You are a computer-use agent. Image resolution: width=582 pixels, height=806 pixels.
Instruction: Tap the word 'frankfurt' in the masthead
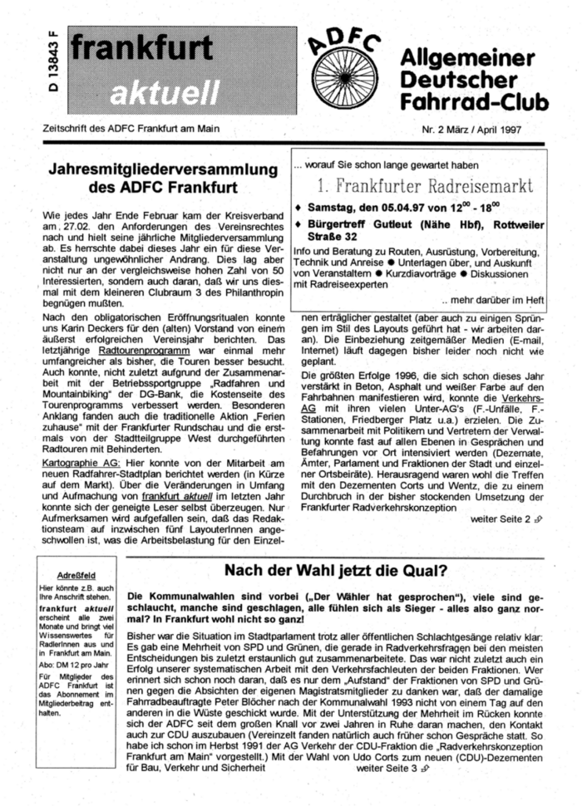[x=141, y=51]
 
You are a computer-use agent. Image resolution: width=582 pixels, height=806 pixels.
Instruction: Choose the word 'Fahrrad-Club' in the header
[x=474, y=103]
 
